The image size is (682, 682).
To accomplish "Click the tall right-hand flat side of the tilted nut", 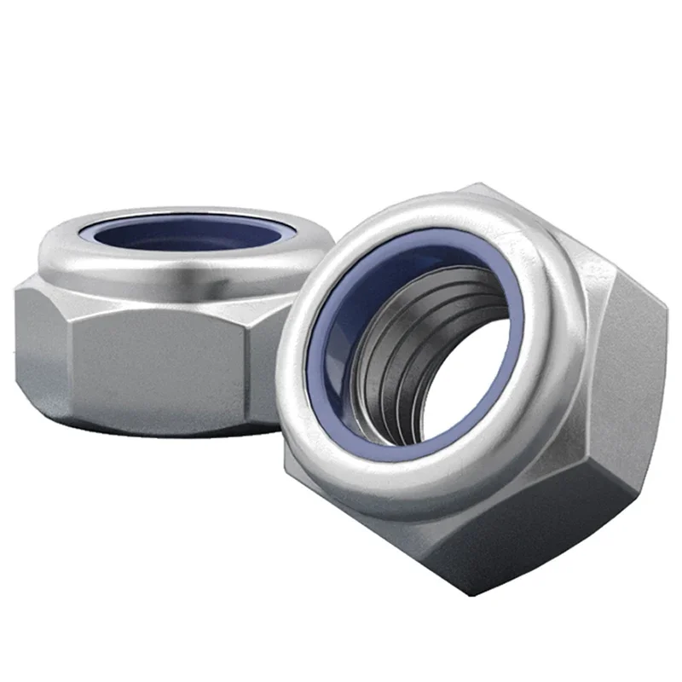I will (635, 375).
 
